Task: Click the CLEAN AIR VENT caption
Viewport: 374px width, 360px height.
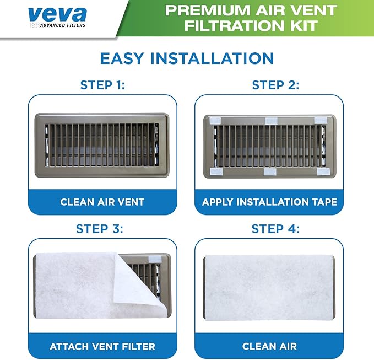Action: [102, 202]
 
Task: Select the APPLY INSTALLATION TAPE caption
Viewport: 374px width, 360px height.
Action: [270, 202]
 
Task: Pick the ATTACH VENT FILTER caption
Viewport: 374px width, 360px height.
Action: [102, 347]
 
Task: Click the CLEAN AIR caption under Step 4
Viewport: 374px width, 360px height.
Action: [270, 347]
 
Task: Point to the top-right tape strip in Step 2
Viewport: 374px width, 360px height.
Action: [321, 120]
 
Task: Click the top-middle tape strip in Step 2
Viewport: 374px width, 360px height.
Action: [271, 120]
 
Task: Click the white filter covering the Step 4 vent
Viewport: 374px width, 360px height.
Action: [269, 288]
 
